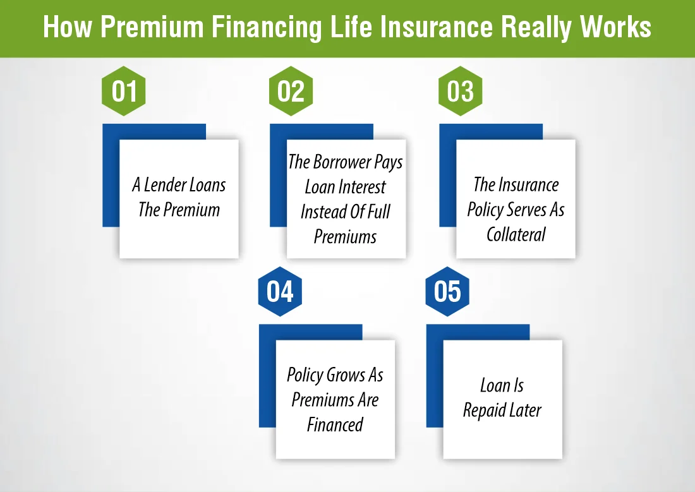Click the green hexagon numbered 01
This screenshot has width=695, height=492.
click(x=124, y=91)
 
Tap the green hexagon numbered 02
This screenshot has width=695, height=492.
click(x=291, y=91)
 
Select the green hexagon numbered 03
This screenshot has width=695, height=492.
click(x=460, y=91)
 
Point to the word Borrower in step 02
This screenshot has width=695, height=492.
click(x=345, y=162)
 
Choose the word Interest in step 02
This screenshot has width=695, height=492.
click(x=361, y=187)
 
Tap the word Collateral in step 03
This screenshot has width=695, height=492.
click(x=516, y=234)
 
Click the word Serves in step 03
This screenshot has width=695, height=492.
click(x=526, y=210)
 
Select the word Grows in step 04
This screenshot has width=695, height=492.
click(x=346, y=375)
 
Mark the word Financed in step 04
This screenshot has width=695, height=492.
click(x=335, y=424)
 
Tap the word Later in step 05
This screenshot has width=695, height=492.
click(x=525, y=411)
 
